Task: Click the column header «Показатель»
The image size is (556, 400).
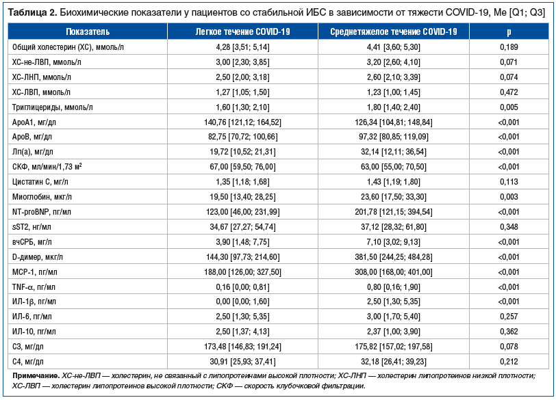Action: coord(88,32)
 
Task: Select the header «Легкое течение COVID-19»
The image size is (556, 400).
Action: coord(242,32)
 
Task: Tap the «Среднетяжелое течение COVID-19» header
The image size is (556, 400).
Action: coord(394,32)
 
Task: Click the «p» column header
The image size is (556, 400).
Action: coord(509,32)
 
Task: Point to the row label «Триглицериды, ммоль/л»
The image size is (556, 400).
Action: coord(53,107)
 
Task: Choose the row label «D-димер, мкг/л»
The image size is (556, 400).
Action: coord(38,257)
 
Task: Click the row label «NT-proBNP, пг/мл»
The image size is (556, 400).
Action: coord(42,212)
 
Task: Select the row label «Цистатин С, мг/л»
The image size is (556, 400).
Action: coord(40,182)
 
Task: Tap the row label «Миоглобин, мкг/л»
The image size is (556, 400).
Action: coord(42,197)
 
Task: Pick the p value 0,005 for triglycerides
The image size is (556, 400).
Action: coord(509,107)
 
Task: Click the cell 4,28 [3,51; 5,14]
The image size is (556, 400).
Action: coord(242,47)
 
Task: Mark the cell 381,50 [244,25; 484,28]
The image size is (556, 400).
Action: coord(394,257)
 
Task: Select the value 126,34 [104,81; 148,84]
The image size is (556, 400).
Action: coord(394,122)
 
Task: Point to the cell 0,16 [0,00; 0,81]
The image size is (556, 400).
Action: coord(242,287)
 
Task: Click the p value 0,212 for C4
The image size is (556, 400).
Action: coord(509,362)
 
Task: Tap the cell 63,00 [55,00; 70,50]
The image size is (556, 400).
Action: coord(394,167)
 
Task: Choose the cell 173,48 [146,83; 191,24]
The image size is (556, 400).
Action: coord(242,347)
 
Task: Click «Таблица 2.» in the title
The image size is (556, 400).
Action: coord(32,13)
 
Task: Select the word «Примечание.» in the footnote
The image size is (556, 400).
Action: coord(36,375)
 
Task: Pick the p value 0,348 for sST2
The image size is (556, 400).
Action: coord(509,227)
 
